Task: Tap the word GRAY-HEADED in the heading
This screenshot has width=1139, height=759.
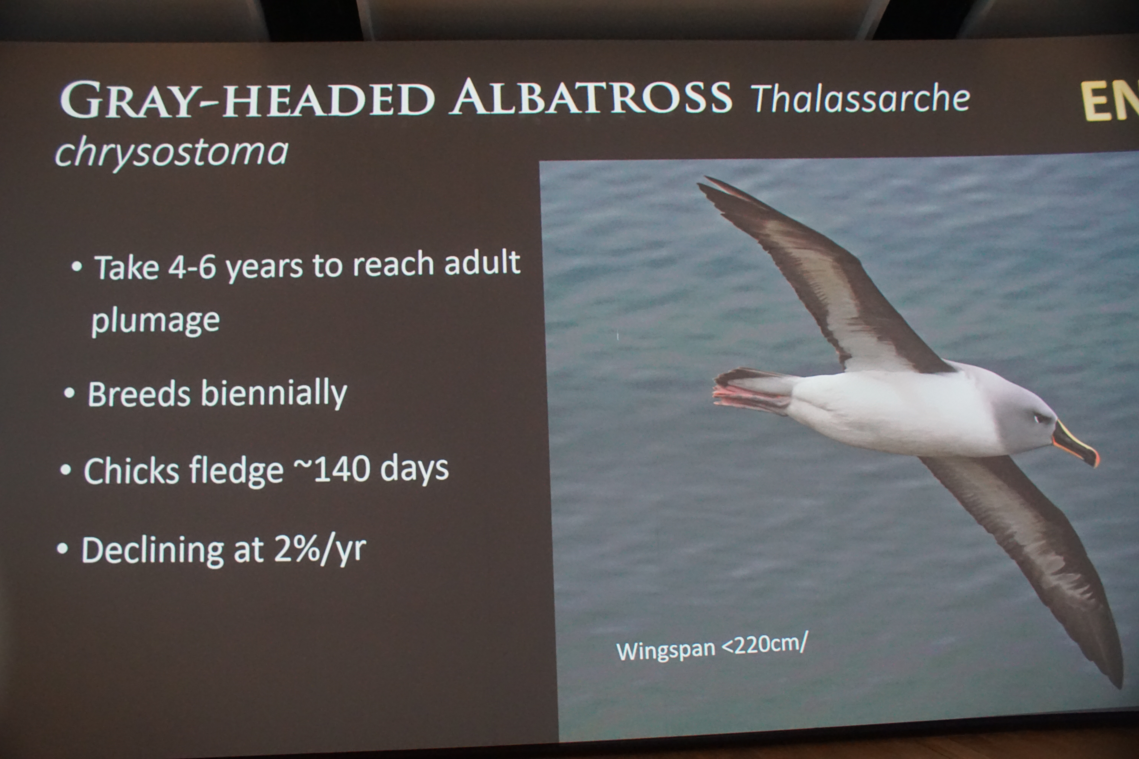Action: pyautogui.click(x=247, y=100)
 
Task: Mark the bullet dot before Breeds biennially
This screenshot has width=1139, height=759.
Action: pyautogui.click(x=69, y=393)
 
